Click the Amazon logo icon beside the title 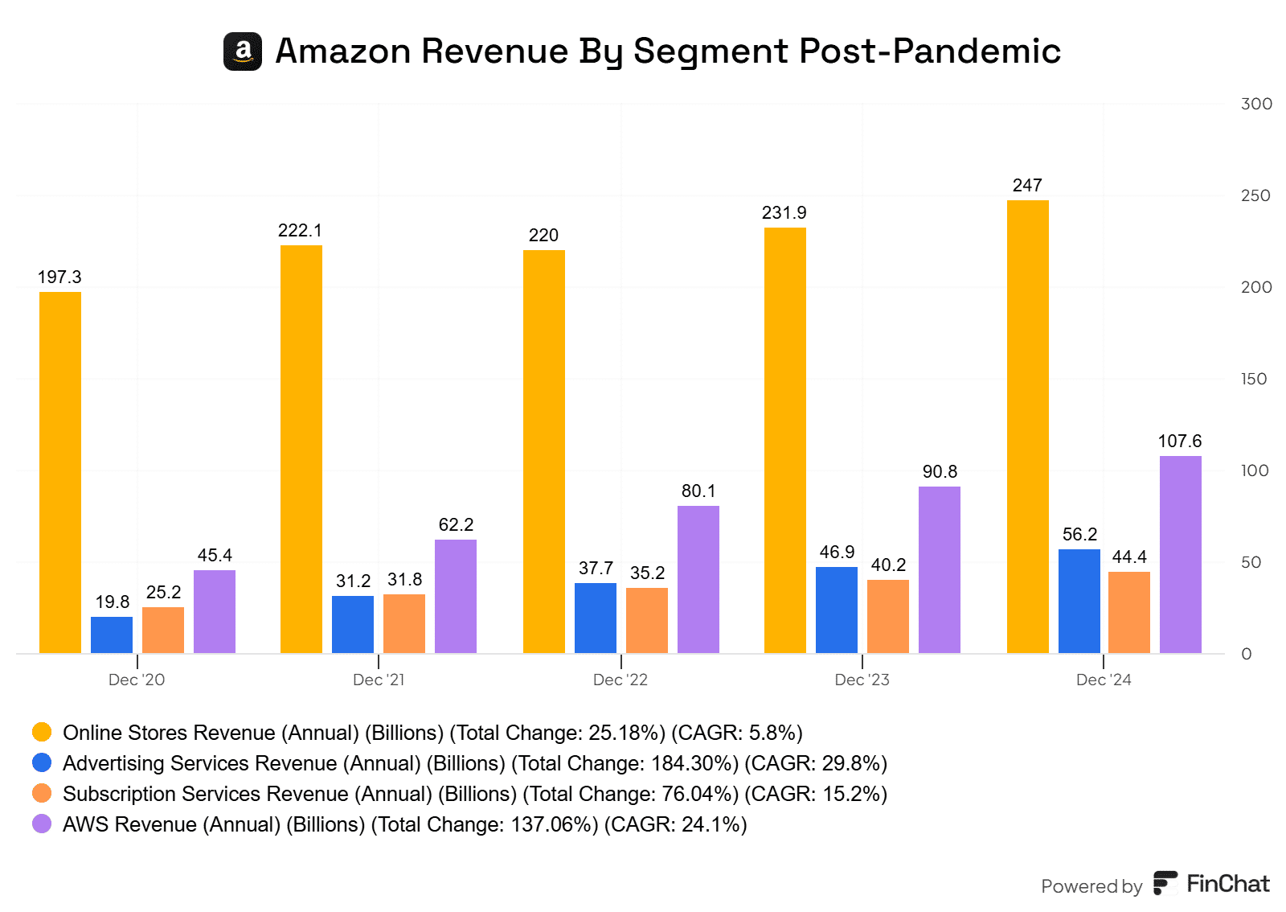coord(243,51)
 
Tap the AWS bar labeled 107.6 coord(1180,555)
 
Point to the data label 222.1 coord(300,231)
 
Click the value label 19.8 coord(113,602)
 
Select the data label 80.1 coord(698,491)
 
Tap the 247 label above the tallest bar coord(1027,186)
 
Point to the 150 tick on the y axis coord(1253,379)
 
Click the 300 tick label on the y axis coord(1256,104)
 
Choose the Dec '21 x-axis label coord(379,680)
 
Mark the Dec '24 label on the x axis coord(1104,680)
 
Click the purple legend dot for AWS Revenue coord(42,824)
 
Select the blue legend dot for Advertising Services coord(42,762)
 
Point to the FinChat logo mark coord(1165,883)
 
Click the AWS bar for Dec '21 coord(456,596)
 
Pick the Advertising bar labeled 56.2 coord(1079,602)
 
